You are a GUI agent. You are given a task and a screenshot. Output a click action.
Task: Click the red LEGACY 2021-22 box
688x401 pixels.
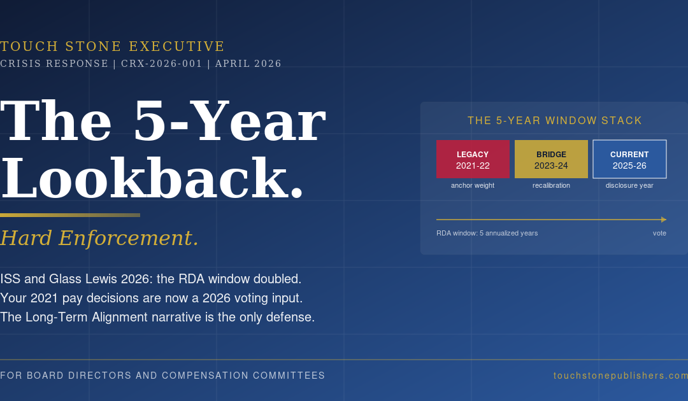473,159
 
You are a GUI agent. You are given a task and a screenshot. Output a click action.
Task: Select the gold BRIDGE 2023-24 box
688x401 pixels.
551,159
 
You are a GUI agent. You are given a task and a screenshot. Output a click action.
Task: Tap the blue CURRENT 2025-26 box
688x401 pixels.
629,159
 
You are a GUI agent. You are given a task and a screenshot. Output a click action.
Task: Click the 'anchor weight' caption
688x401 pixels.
473,185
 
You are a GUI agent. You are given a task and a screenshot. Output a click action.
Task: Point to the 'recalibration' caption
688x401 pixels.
551,185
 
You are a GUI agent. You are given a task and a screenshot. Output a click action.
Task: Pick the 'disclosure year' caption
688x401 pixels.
629,185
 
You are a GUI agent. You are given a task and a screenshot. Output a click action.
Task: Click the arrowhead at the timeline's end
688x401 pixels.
664,220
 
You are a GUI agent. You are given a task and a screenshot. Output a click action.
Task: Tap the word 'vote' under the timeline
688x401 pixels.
659,233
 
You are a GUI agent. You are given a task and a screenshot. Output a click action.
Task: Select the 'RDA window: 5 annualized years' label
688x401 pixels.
487,233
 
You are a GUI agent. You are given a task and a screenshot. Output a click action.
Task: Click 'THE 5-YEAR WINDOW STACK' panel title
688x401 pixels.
555,121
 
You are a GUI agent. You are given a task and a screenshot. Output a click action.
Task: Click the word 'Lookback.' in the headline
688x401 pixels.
153,179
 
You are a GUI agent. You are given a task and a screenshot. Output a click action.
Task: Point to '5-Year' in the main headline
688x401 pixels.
229,121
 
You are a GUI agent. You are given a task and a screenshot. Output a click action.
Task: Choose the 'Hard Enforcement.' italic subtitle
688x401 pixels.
99,238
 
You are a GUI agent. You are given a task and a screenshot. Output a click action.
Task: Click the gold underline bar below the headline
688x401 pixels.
70,215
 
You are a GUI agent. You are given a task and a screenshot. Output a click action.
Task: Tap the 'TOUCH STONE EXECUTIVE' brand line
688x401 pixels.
113,46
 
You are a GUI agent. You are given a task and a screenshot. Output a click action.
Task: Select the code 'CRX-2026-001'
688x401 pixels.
162,64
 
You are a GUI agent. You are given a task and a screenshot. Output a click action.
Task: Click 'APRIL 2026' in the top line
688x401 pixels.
248,64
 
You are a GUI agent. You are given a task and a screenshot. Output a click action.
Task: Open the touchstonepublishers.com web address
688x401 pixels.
620,376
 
